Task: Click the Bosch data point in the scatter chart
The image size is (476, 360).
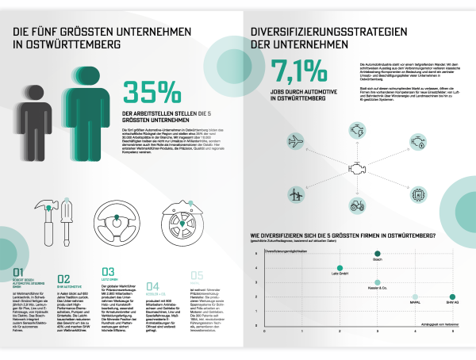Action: [x=378, y=255]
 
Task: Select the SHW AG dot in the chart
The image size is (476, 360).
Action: [x=452, y=297]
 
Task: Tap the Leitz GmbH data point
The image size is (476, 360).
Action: [x=340, y=268]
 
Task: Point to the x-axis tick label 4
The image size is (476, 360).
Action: [x=414, y=320]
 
